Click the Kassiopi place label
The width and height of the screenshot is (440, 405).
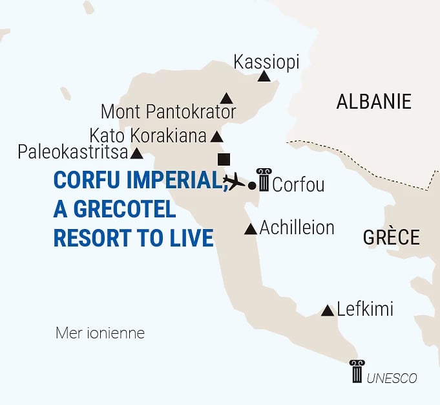coord(266,62)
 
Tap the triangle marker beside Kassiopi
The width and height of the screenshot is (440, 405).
coord(264,77)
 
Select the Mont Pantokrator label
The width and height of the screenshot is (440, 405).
coord(168,112)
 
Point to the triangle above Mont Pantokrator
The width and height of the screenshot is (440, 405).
coord(226,98)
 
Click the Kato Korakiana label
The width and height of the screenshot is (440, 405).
coord(148,136)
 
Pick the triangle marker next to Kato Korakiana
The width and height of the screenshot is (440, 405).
coord(217,137)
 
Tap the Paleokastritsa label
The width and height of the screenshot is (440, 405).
coord(72,153)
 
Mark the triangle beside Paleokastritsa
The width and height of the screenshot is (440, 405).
coord(137,154)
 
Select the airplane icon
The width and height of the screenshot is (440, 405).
coord(234,181)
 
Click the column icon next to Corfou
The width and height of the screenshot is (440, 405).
coord(264,179)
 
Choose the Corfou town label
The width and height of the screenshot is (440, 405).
coord(298,185)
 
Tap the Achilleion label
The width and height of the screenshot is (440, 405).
coord(297,228)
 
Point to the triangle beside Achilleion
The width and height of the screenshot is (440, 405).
coord(251,229)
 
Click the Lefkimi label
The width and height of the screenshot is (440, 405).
coord(365,309)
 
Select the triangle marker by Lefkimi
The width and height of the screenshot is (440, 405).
coord(328,311)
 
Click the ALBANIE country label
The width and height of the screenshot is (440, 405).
coord(373,102)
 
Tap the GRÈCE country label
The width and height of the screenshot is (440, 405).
coord(392,237)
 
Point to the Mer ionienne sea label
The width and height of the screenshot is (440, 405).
coord(100,334)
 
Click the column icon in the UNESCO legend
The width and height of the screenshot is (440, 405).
coord(357,371)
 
